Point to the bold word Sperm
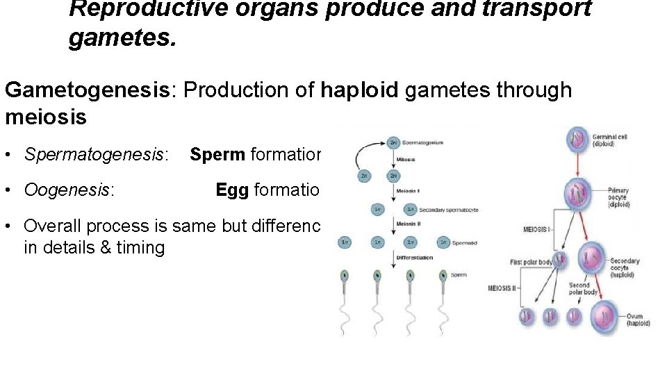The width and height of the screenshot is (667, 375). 217,154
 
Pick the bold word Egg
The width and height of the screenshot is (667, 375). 232,190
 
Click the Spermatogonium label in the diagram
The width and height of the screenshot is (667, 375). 423,143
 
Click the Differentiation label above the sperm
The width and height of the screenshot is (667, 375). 414,258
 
